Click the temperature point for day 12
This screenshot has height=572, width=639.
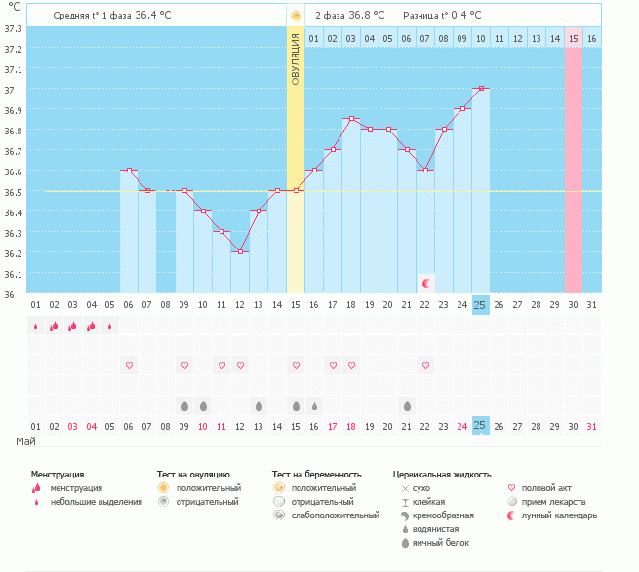(240, 251)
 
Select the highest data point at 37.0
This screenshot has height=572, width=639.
(480, 88)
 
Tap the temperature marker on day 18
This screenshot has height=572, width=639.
(351, 119)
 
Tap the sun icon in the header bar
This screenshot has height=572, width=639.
(296, 16)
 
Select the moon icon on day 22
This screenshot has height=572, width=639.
(426, 283)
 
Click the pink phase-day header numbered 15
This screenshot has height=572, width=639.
(574, 38)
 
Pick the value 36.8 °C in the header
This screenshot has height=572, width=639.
(367, 16)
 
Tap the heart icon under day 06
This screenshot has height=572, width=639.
(129, 365)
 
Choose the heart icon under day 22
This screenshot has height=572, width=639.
(425, 365)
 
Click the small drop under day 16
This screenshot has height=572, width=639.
(314, 405)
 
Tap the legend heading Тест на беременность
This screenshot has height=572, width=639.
(323, 474)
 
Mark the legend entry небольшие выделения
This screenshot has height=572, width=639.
(96, 502)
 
